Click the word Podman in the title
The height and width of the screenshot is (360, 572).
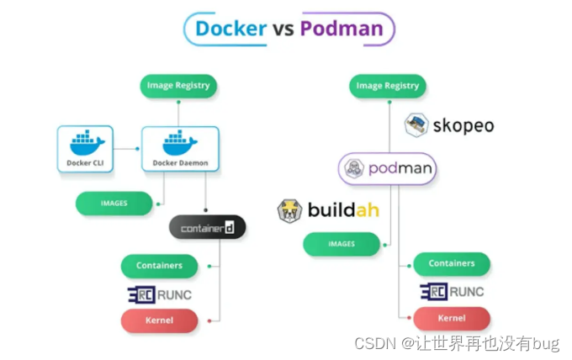point(341,29)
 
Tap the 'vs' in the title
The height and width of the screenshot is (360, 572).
point(282,29)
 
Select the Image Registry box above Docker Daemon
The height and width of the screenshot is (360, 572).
point(178,86)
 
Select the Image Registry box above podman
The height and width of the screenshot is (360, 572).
point(388,86)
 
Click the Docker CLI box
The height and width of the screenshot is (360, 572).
point(86,150)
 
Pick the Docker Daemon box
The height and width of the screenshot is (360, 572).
point(180,150)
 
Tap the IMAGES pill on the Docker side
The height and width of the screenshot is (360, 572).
point(114,204)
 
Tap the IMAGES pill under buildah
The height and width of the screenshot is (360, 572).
point(341,245)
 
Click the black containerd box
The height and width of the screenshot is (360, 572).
point(208,227)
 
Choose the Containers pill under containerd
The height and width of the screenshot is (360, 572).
point(160,266)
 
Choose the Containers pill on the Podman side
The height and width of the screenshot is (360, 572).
point(452,264)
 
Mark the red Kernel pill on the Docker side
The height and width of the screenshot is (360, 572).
point(160,320)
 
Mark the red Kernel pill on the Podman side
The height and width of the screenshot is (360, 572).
point(452,319)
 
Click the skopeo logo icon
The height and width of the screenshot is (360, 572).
point(416,125)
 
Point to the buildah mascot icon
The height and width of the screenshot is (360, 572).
point(290,210)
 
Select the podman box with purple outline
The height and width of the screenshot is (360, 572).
point(388,168)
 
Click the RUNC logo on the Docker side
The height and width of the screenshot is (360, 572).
point(160,294)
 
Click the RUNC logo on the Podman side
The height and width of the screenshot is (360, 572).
point(452,292)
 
